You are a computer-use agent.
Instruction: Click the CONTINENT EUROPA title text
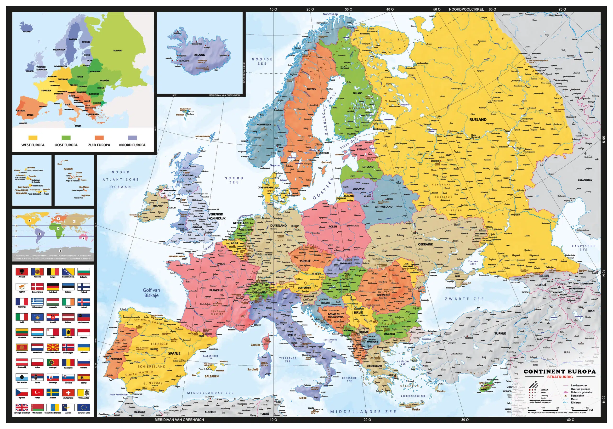[560, 371]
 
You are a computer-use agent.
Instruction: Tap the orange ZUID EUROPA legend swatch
[99, 138]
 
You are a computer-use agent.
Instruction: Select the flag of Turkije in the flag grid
[37, 392]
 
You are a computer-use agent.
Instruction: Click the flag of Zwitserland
[68, 392]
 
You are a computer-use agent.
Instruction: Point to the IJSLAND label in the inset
[199, 55]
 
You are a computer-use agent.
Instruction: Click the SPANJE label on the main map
[174, 353]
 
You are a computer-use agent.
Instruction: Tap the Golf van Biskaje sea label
[151, 293]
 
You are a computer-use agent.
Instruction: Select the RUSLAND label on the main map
[478, 120]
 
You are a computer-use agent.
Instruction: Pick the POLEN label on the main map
[333, 226]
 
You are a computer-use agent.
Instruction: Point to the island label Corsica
[255, 345]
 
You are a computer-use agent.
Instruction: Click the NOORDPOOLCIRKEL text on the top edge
[466, 9]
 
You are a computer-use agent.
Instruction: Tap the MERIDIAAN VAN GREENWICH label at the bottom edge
[179, 420]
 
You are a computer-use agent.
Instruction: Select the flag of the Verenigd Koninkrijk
[22, 407]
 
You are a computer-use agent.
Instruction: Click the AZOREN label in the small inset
[68, 169]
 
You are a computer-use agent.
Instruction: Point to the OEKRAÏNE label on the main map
[425, 244]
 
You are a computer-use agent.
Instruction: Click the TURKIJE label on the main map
[500, 333]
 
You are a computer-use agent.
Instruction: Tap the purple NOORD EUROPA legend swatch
[132, 138]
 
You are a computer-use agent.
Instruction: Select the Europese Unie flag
[84, 407]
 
